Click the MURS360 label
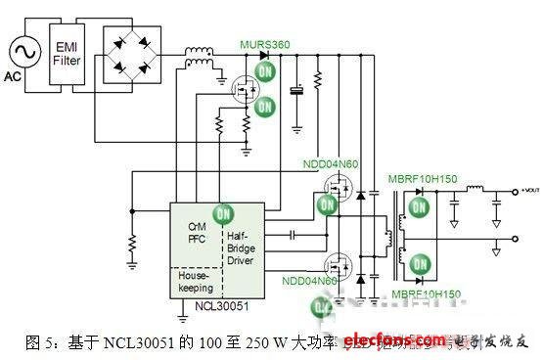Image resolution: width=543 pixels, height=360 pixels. (x=266, y=43)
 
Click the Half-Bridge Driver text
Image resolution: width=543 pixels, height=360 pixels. (x=243, y=240)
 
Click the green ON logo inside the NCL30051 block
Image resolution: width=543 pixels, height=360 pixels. (x=225, y=212)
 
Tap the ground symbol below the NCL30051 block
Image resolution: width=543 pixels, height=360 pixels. (x=182, y=316)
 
